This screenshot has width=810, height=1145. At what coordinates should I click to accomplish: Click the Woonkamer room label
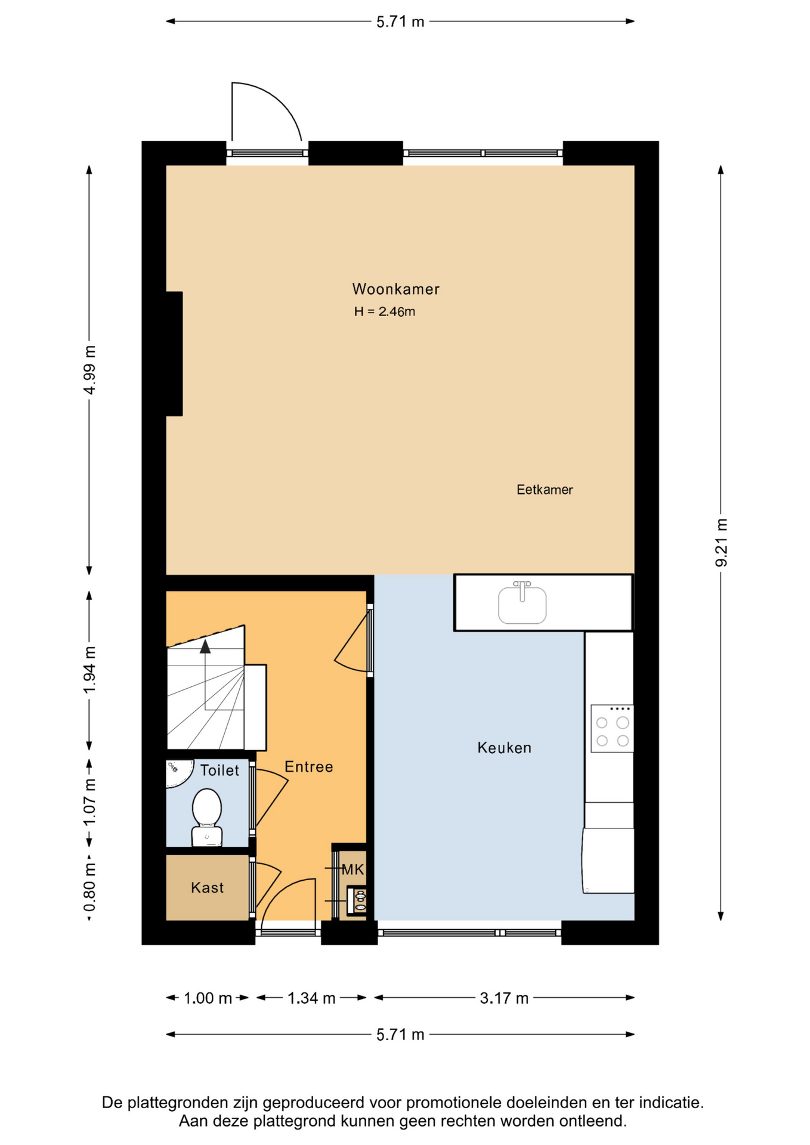[395, 289]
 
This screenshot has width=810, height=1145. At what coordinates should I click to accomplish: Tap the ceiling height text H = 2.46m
[385, 311]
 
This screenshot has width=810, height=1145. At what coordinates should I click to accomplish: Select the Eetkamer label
[545, 490]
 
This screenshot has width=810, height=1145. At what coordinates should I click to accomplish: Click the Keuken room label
[504, 748]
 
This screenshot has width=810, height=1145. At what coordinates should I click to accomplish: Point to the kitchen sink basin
[522, 605]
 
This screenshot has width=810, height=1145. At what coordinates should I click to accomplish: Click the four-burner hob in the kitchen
[612, 728]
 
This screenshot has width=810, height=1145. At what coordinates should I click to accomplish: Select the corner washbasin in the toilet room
[178, 772]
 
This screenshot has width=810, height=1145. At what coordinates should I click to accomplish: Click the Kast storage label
[208, 887]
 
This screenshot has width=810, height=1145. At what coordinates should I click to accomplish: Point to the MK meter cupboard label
[353, 869]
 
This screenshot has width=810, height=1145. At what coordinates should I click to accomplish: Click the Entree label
[309, 767]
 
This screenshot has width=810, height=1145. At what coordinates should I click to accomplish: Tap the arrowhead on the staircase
[205, 646]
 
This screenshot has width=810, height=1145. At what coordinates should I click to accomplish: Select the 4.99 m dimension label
[89, 370]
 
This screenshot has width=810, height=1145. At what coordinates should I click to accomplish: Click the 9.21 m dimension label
[721, 543]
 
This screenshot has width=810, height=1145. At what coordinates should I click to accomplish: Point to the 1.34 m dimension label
[311, 998]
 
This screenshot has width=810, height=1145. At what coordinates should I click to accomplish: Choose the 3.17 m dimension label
[504, 998]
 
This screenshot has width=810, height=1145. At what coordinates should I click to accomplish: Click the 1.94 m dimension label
[89, 670]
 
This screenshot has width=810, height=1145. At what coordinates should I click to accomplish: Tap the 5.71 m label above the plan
[400, 22]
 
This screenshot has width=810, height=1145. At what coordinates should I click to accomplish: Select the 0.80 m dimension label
[89, 888]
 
